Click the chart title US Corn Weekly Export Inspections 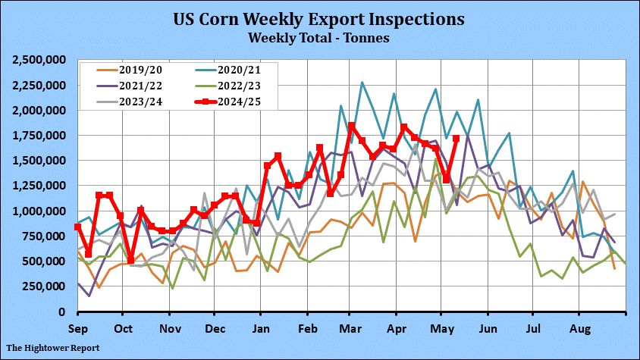click(319, 18)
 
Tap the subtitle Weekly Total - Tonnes click(319, 36)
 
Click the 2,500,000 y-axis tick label click(39, 60)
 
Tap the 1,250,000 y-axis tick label click(39, 186)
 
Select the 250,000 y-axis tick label click(45, 286)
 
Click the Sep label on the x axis click(77, 329)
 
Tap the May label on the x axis click(443, 329)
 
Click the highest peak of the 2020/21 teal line click(362, 83)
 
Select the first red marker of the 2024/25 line click(78, 227)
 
